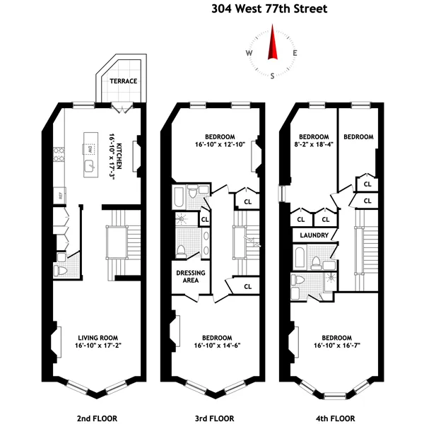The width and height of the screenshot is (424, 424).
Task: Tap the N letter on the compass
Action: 272,30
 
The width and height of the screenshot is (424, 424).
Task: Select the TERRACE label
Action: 123,81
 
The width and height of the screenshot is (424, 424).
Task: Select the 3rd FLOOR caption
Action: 214,417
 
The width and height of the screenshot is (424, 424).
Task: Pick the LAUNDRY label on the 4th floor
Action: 311,235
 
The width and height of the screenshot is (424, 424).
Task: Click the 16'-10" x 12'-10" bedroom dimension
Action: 220,147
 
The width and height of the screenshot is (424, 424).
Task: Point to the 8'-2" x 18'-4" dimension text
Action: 314,147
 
